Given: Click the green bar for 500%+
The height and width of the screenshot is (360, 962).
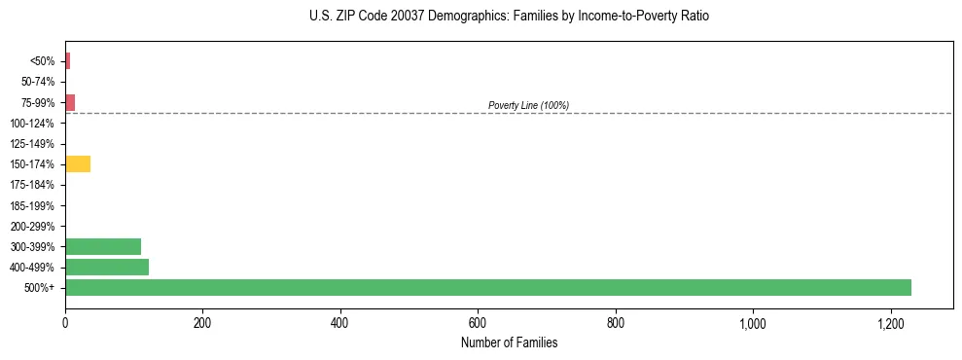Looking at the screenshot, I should coord(487,287).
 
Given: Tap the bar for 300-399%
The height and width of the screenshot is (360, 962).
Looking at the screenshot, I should coord(103,246).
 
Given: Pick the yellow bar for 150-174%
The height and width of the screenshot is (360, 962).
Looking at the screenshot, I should coord(78,163).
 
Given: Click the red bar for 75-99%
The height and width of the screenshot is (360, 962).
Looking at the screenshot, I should coord(70,102).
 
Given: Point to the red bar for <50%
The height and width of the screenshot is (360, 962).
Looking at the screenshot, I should coord(67,61).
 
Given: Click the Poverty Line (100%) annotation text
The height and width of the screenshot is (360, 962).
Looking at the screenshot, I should coord(528,105).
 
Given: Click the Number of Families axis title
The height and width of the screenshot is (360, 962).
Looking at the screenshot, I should coord(509,342).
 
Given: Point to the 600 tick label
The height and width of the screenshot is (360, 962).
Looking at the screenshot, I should coord(478,322).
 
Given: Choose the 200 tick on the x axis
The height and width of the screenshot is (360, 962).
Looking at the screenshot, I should coord(202,322).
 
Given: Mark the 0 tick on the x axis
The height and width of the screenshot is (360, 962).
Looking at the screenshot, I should coord(65,322).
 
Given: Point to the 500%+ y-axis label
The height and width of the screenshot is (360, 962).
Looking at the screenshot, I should coord(42,288).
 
